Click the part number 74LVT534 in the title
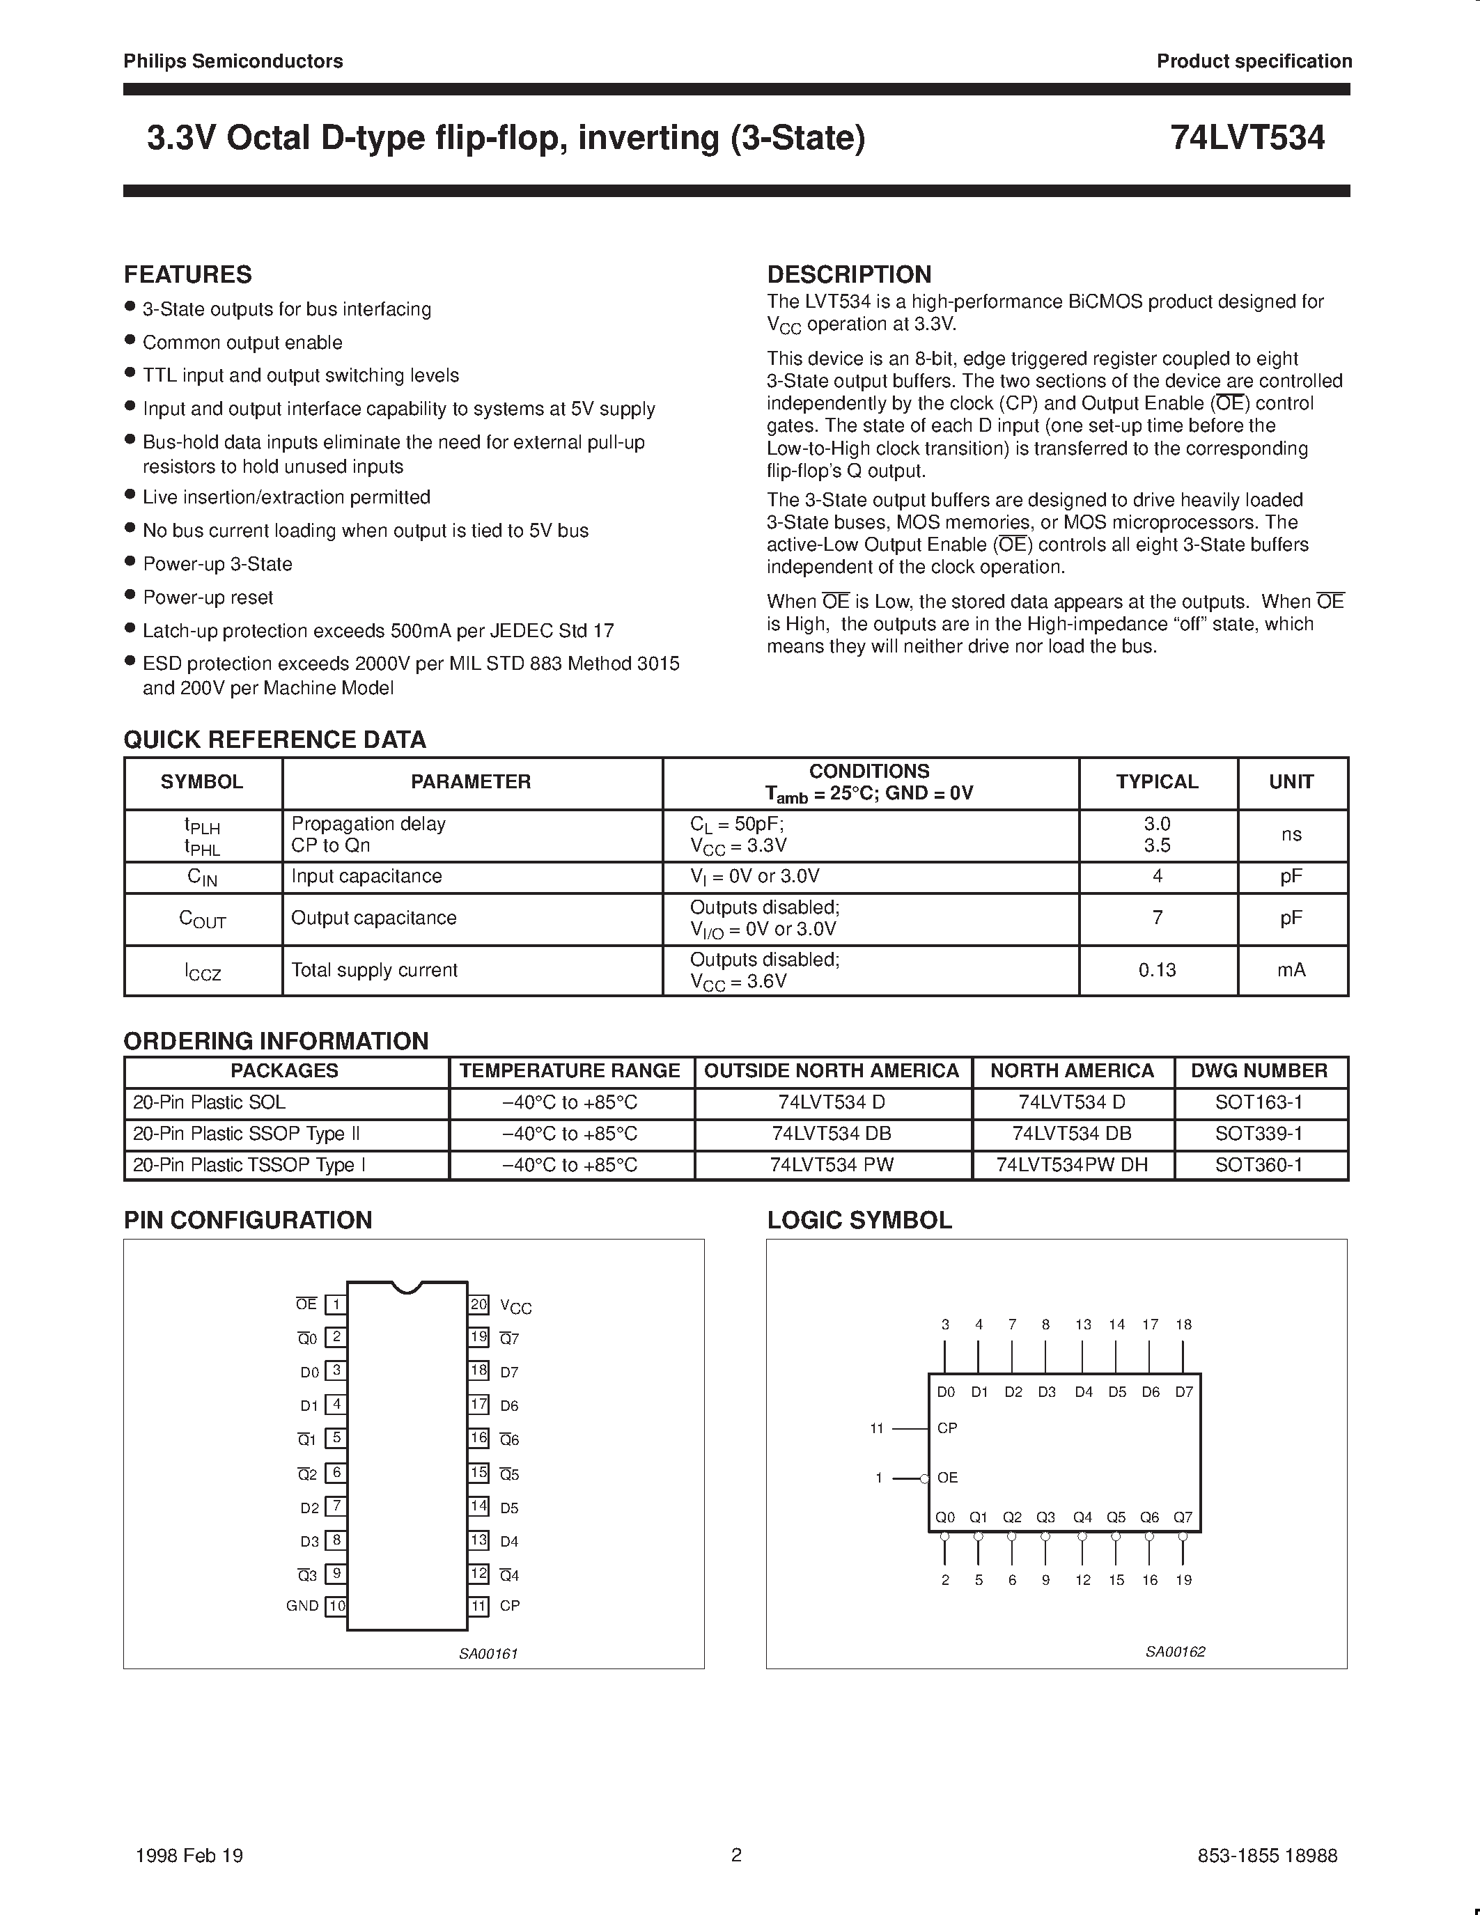(1247, 139)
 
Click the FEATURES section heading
(187, 274)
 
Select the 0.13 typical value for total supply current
(1156, 970)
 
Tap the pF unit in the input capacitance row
(1291, 876)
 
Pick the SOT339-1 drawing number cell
(1259, 1134)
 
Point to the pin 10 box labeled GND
(336, 1607)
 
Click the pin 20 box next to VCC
(478, 1305)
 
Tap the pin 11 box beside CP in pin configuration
(478, 1607)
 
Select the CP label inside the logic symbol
(947, 1428)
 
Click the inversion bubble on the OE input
(924, 1478)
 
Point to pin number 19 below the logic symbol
(1183, 1580)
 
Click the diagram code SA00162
(1175, 1652)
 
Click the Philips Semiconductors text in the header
(233, 61)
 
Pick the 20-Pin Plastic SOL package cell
(209, 1102)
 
